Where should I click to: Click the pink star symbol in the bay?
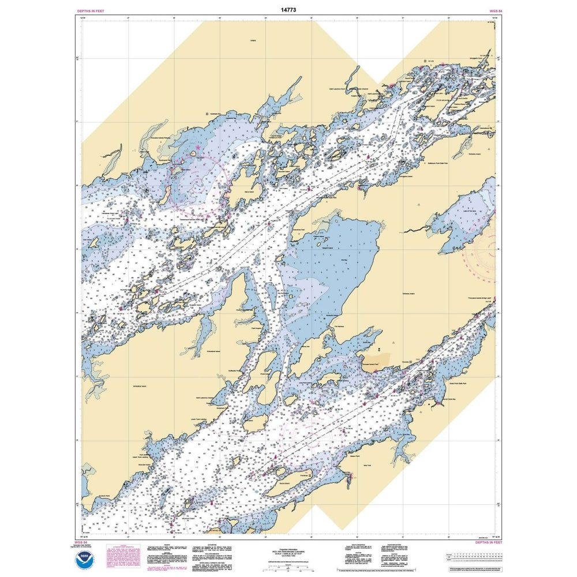coord(198,148)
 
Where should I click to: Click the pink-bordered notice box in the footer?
coord(123,557)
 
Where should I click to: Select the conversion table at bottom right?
coord(471,557)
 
